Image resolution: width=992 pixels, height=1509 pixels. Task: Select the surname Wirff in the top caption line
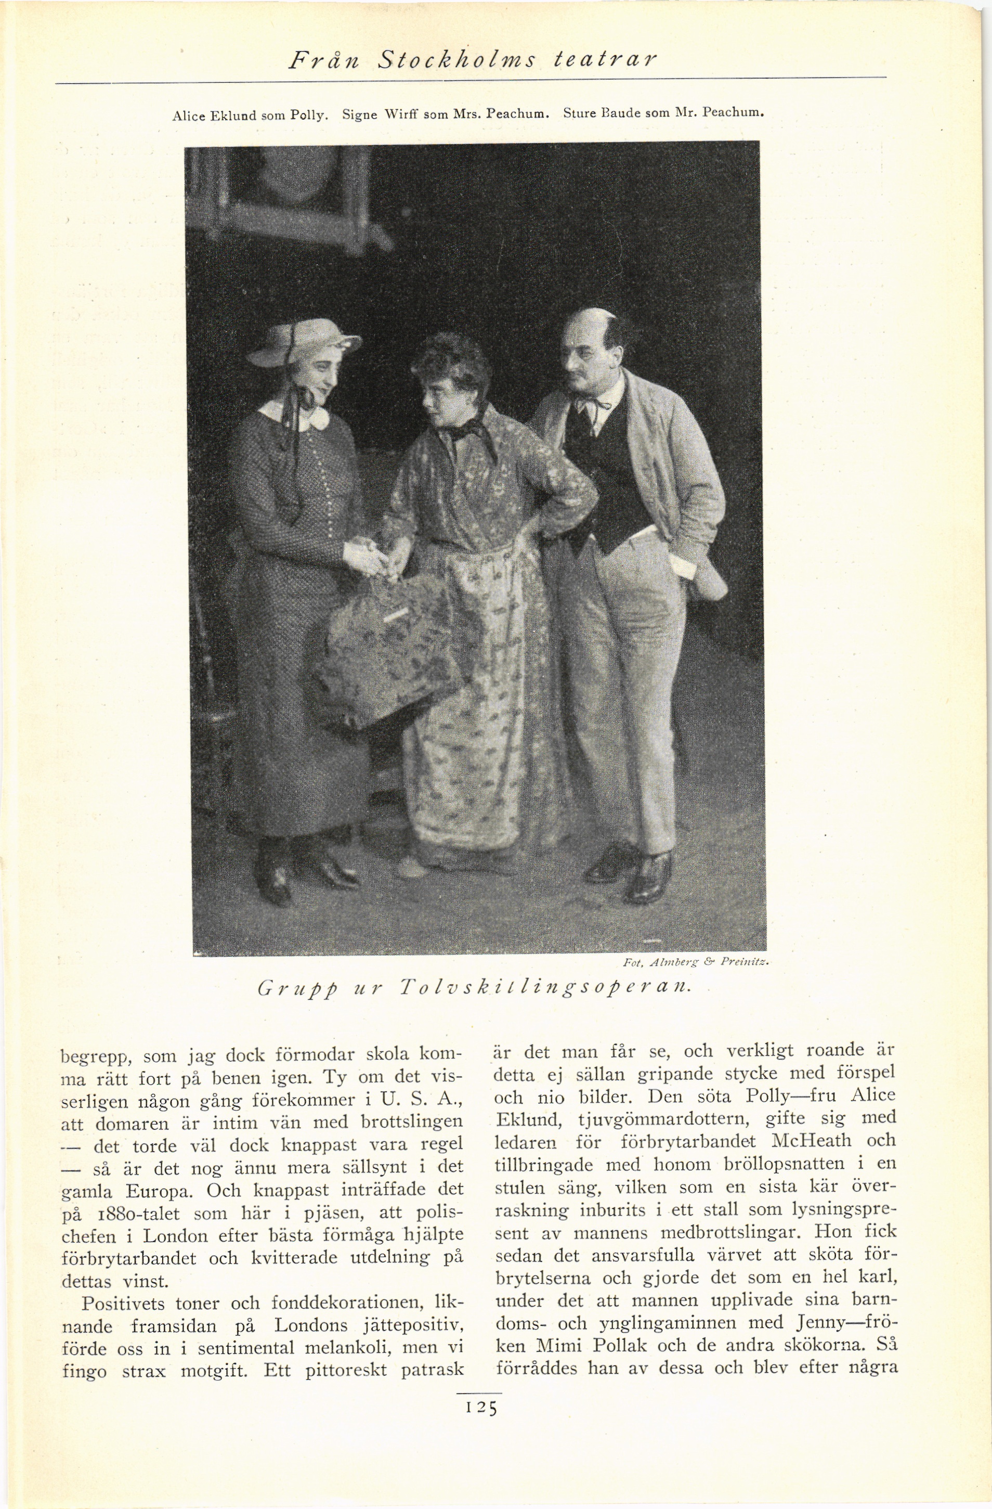click(x=399, y=115)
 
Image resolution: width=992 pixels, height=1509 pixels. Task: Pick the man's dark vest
click(x=602, y=475)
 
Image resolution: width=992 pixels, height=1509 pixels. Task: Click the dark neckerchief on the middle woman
click(x=469, y=431)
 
